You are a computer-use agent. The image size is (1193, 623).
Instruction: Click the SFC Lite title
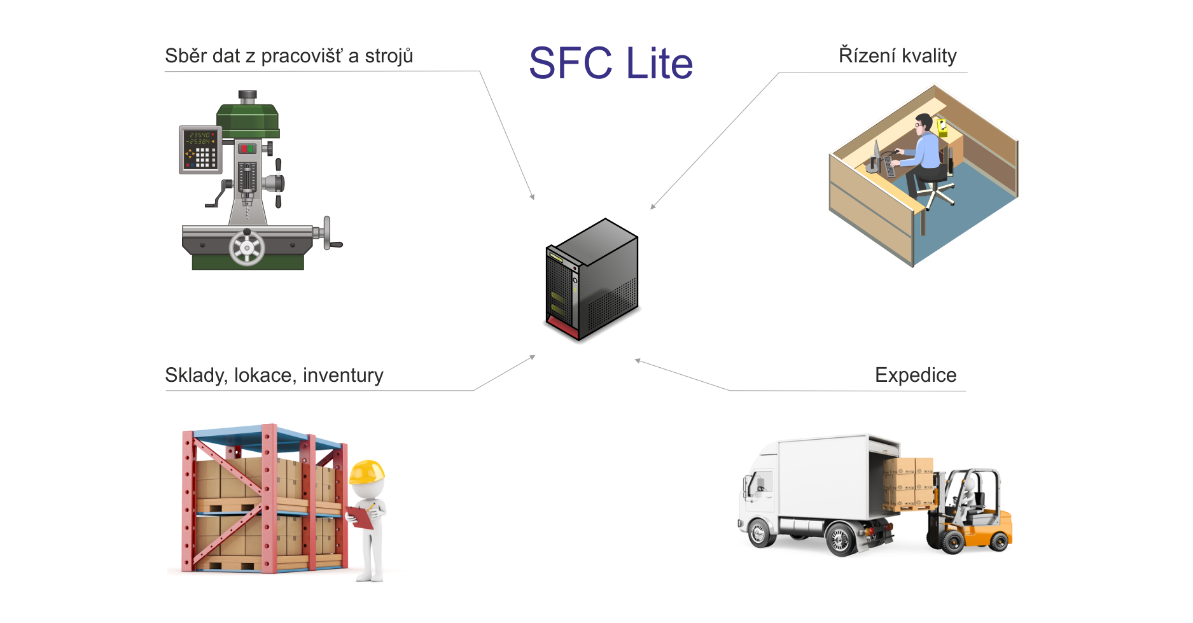click(x=611, y=63)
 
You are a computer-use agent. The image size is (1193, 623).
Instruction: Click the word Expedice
click(x=915, y=375)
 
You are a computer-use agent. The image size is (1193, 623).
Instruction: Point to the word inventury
click(x=343, y=375)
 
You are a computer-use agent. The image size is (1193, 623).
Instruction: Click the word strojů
click(x=389, y=57)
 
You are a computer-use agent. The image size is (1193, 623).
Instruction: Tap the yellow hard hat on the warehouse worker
click(x=367, y=472)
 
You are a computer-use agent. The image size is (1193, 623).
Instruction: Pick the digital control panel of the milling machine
click(x=200, y=150)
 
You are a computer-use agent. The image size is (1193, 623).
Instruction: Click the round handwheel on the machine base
click(x=247, y=248)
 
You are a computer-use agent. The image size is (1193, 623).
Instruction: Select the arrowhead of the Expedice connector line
click(x=637, y=361)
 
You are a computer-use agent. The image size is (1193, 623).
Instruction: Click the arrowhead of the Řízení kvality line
click(x=652, y=207)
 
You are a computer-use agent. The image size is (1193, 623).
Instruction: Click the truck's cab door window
click(x=761, y=483)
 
